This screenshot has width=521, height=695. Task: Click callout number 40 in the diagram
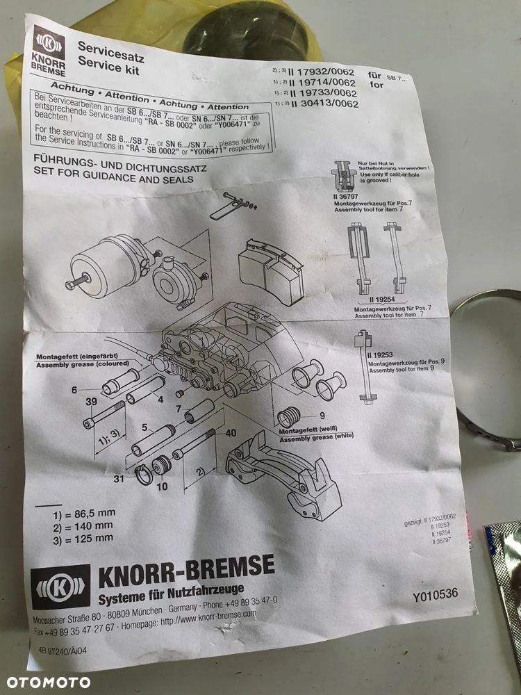231,431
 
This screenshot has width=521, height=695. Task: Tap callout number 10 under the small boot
162,486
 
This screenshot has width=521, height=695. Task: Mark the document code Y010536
435,596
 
